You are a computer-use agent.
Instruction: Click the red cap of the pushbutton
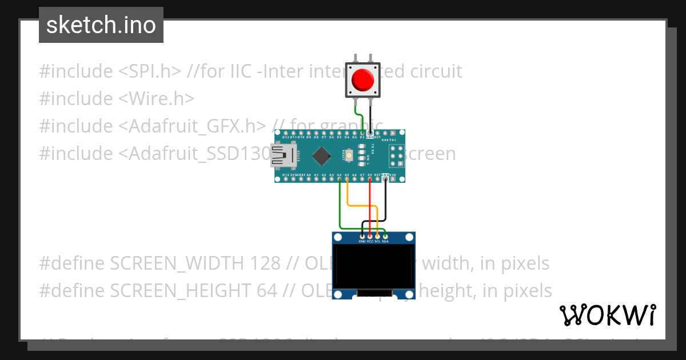click(362, 79)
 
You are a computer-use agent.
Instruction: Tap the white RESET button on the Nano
click(348, 155)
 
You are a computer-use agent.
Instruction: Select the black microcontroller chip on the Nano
click(322, 155)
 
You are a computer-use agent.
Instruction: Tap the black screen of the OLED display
click(374, 266)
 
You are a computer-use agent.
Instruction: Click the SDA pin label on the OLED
click(385, 241)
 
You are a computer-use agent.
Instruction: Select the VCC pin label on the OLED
click(370, 241)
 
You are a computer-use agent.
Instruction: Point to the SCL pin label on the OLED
click(377, 241)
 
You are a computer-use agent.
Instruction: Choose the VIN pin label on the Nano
click(393, 175)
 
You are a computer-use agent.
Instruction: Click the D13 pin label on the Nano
click(285, 175)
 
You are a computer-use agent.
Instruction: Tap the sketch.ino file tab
click(101, 25)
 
